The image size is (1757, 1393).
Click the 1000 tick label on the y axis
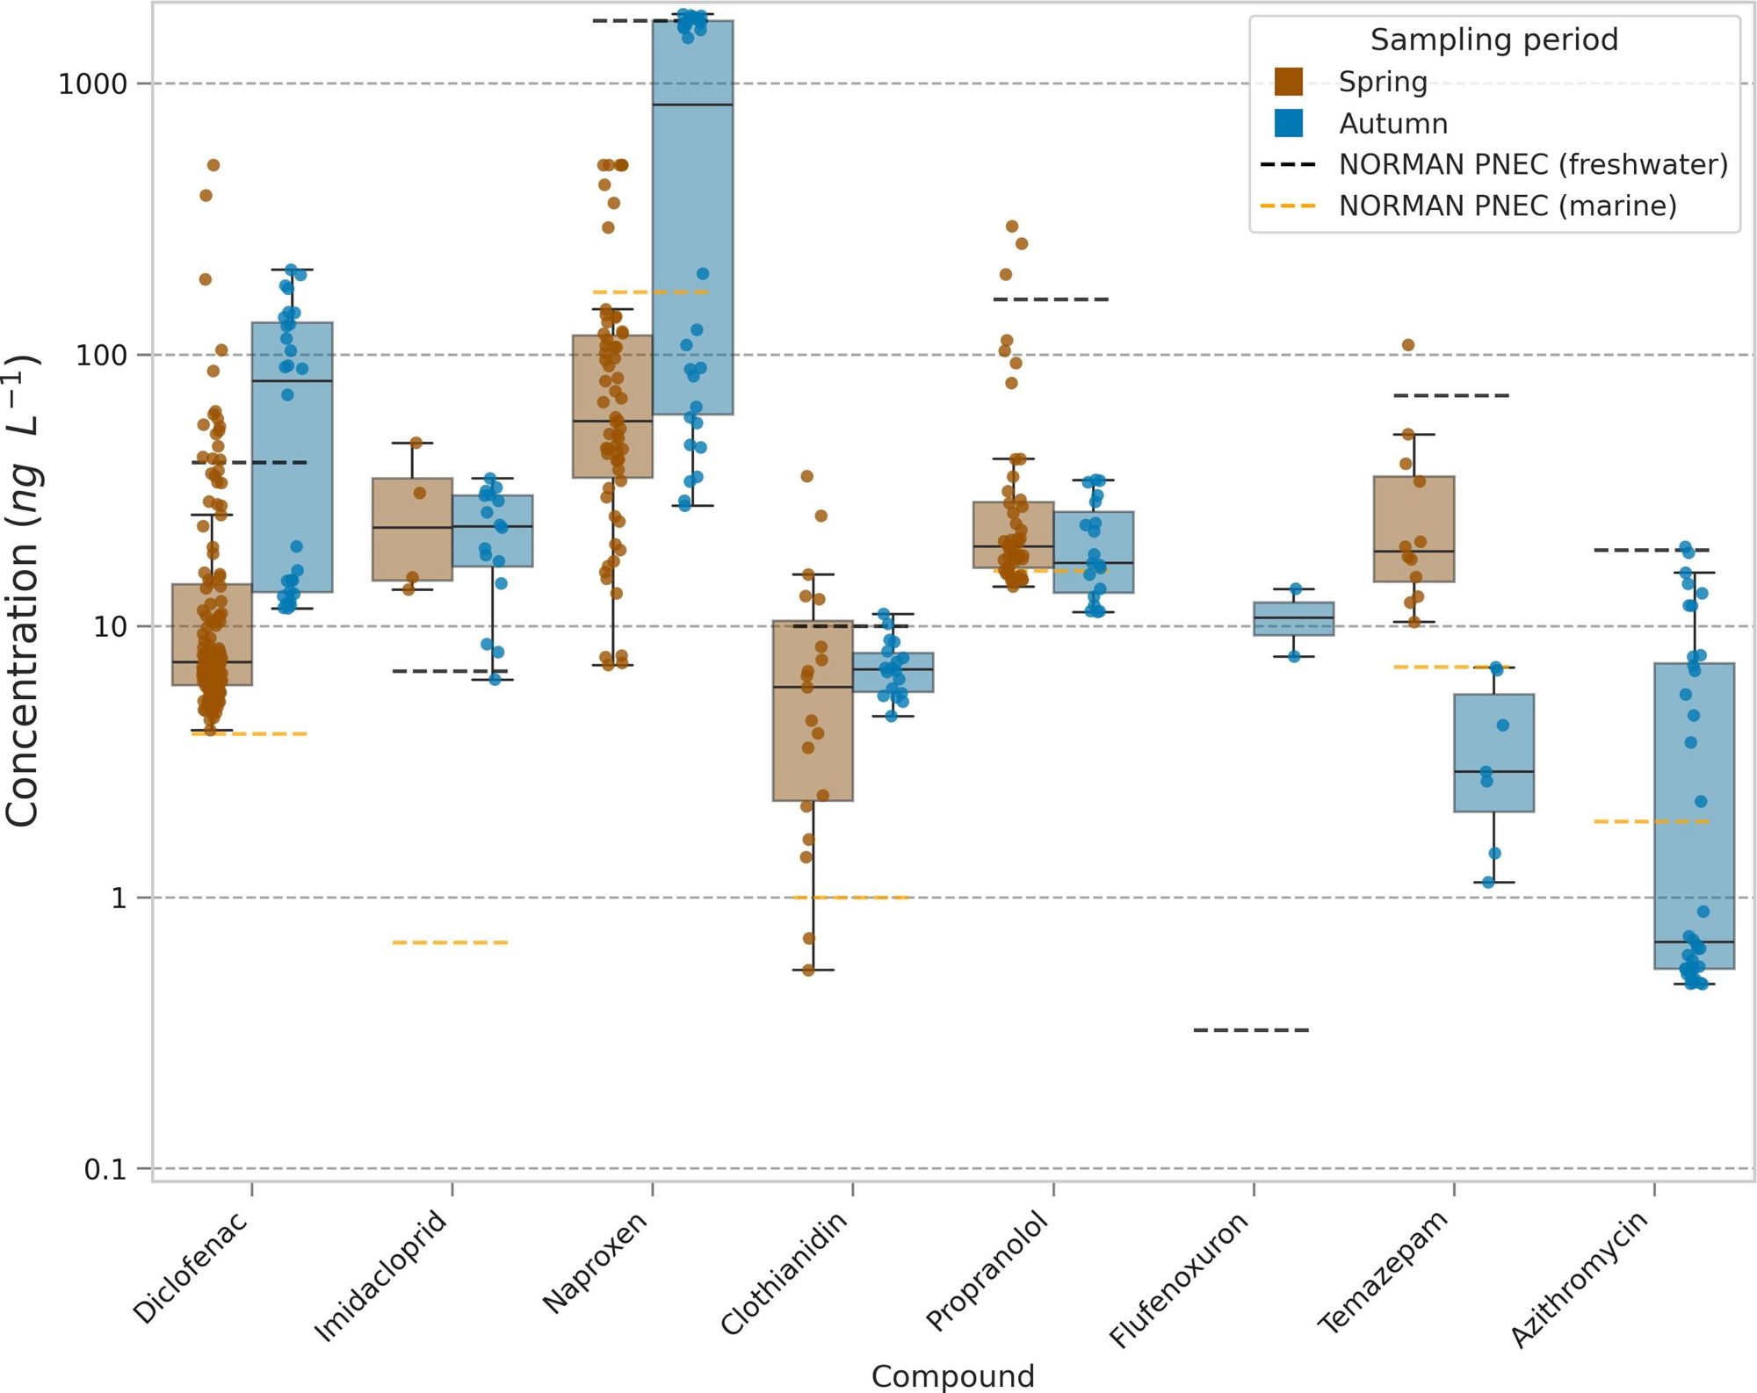(x=92, y=84)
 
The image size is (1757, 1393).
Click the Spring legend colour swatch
(x=1288, y=82)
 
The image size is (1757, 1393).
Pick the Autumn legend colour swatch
(x=1288, y=124)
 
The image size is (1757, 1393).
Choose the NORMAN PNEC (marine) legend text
(x=1507, y=206)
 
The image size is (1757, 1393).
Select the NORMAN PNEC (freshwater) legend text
(x=1533, y=164)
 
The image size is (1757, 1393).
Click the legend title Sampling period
(x=1493, y=40)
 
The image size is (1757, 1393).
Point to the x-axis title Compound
(x=952, y=1375)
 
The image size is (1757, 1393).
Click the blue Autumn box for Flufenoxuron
(x=1293, y=618)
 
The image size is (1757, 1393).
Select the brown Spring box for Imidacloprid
(x=412, y=529)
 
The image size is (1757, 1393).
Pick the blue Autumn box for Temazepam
(x=1493, y=753)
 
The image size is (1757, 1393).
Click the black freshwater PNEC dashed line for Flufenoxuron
(x=1251, y=1029)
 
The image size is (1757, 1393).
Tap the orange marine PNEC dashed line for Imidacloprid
(x=450, y=942)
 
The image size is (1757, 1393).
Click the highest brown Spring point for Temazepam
(x=1408, y=345)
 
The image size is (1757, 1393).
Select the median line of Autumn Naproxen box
(x=692, y=105)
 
